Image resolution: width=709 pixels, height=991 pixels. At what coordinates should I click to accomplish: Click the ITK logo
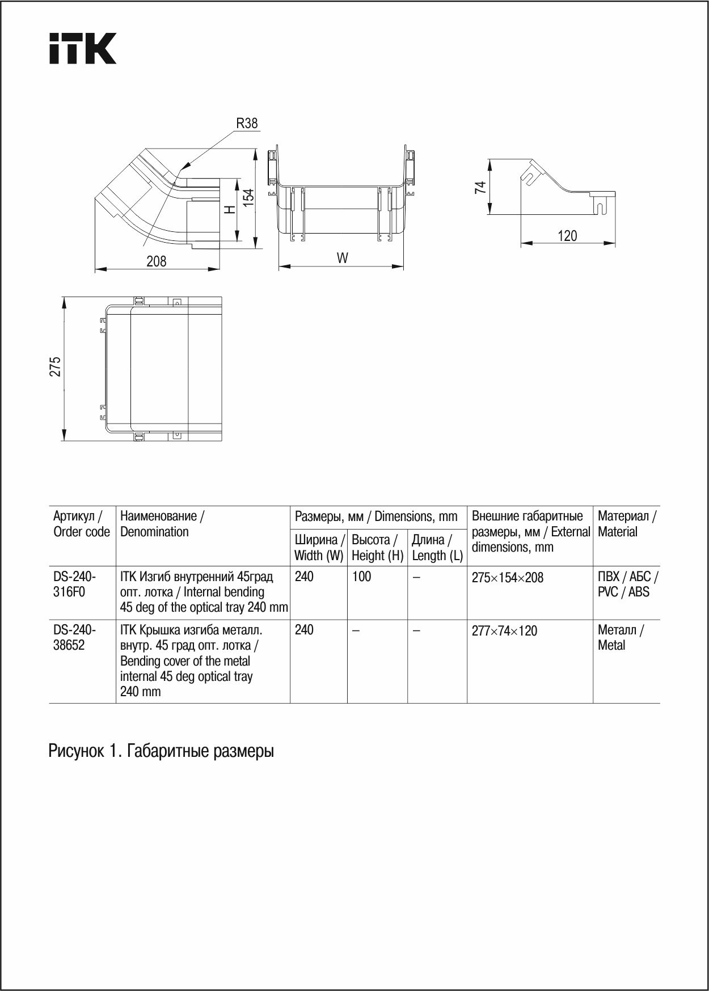pyautogui.click(x=83, y=48)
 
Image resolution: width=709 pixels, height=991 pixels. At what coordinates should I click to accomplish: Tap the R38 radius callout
pyautogui.click(x=247, y=124)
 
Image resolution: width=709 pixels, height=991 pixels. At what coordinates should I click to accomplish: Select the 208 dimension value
pyautogui.click(x=157, y=261)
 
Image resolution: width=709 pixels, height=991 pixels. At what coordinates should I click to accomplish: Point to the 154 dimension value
pyautogui.click(x=248, y=197)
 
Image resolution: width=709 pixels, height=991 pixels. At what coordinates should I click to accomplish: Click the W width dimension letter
pyautogui.click(x=342, y=259)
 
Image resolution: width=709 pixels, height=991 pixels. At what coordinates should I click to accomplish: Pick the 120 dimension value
pyautogui.click(x=567, y=236)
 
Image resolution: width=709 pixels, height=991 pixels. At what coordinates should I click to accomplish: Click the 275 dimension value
pyautogui.click(x=55, y=367)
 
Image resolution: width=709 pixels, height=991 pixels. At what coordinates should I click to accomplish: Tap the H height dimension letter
pyautogui.click(x=229, y=209)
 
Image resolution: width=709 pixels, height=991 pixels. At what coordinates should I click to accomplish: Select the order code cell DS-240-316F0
pyautogui.click(x=75, y=585)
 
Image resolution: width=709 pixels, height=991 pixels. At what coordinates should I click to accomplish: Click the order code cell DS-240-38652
pyautogui.click(x=75, y=638)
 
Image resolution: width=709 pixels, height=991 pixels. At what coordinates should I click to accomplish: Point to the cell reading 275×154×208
pyautogui.click(x=508, y=578)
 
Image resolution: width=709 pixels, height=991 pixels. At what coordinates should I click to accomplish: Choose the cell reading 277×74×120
pyautogui.click(x=504, y=631)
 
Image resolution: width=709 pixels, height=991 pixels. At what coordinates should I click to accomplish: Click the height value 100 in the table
pyautogui.click(x=362, y=577)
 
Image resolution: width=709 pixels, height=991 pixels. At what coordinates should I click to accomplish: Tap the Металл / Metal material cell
pyautogui.click(x=621, y=638)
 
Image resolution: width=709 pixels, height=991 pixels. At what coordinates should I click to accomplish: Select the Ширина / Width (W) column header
pyautogui.click(x=319, y=548)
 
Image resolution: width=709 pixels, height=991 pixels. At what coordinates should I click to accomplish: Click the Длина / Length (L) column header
pyautogui.click(x=437, y=548)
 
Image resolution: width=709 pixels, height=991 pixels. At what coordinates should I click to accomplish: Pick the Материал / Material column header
pyautogui.click(x=627, y=524)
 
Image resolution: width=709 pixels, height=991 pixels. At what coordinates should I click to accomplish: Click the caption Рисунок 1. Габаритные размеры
pyautogui.click(x=161, y=751)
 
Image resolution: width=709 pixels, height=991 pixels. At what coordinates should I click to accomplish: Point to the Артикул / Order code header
pyautogui.click(x=82, y=524)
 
